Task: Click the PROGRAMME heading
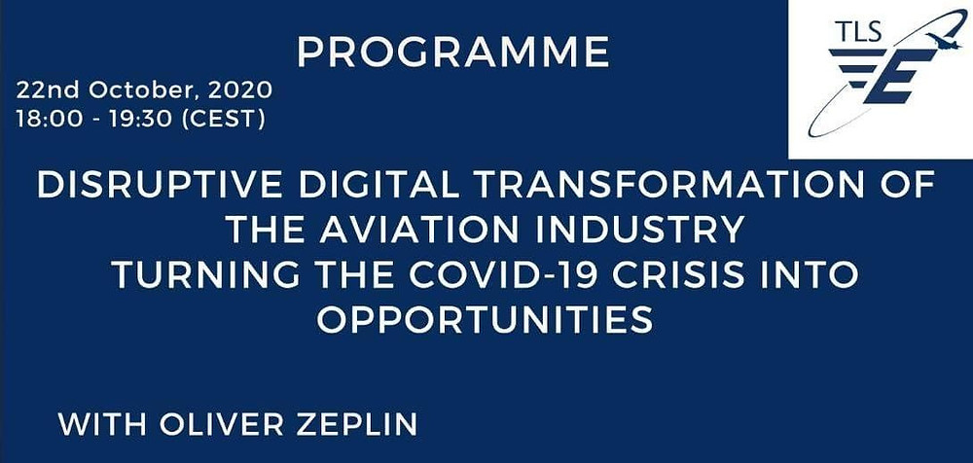click(x=453, y=53)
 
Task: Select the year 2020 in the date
click(x=240, y=90)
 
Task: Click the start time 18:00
click(x=49, y=120)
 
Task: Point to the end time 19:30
click(x=142, y=120)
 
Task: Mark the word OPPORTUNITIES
click(x=486, y=320)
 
